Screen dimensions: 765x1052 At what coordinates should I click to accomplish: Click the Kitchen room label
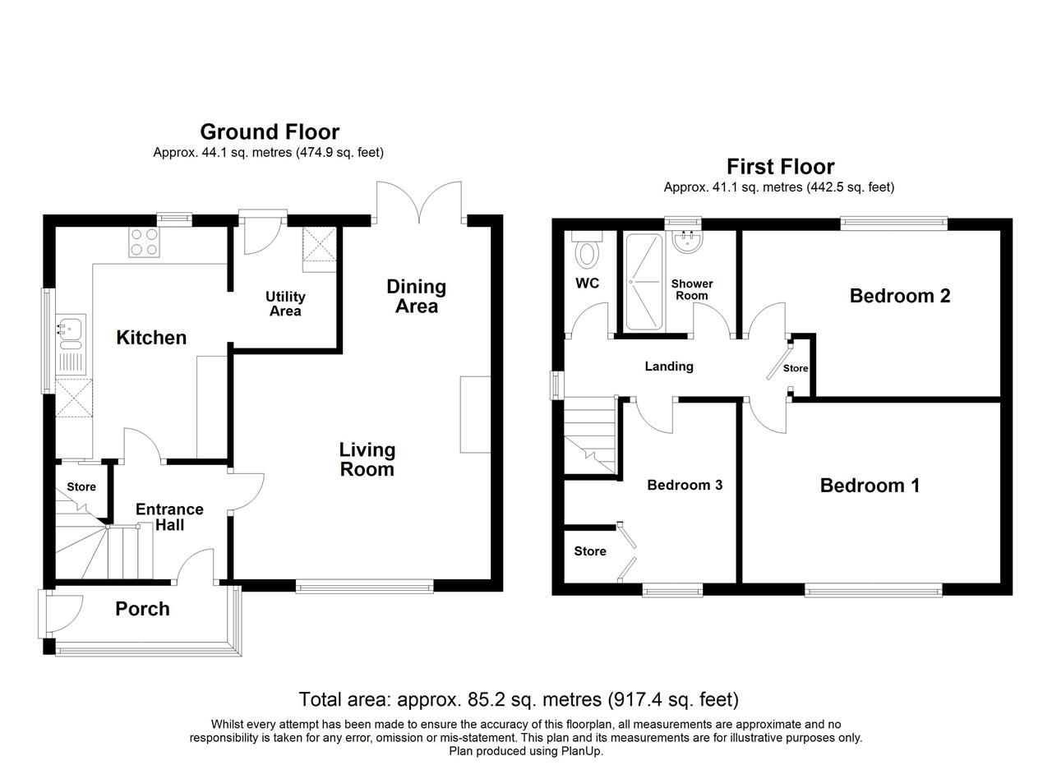(x=151, y=338)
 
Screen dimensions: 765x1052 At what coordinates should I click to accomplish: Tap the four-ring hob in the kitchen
(x=144, y=242)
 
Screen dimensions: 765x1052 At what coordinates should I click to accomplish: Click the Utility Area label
(x=285, y=303)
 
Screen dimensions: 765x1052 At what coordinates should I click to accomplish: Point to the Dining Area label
(x=417, y=296)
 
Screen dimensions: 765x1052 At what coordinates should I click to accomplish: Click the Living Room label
(x=367, y=459)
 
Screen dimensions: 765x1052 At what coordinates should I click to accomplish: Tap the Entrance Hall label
(x=169, y=517)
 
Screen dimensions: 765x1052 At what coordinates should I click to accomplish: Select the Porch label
(x=142, y=609)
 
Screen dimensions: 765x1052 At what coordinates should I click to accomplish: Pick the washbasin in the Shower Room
(x=684, y=241)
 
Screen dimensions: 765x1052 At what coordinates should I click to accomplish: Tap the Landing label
(x=669, y=366)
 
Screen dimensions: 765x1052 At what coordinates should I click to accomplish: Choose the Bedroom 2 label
(x=900, y=296)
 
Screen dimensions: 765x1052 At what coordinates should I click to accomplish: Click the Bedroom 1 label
(x=870, y=486)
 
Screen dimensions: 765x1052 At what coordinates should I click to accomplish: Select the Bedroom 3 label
(x=685, y=485)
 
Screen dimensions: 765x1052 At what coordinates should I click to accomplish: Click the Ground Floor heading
(x=270, y=131)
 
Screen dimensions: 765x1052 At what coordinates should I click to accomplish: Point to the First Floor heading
(x=780, y=167)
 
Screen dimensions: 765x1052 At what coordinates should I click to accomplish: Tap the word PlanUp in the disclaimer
(x=582, y=751)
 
